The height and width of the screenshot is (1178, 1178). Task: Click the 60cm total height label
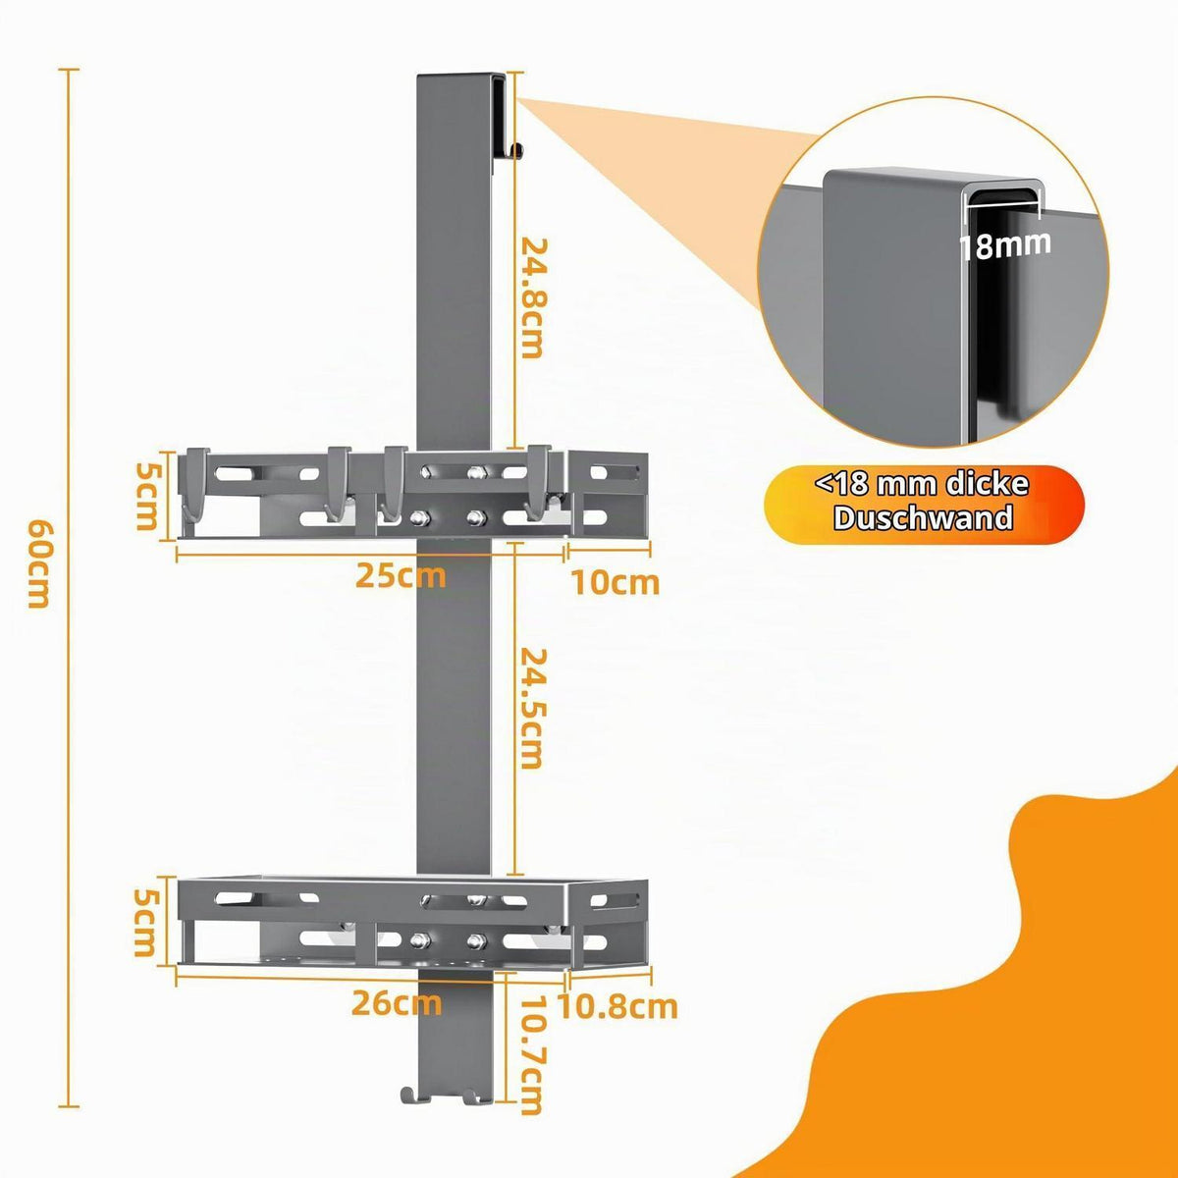coord(38,564)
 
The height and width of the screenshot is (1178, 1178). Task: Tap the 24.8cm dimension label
coord(531,298)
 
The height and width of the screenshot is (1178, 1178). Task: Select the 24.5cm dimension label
coord(531,709)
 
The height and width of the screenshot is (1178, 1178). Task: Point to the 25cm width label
coord(402,576)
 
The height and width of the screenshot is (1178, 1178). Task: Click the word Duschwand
coord(923,517)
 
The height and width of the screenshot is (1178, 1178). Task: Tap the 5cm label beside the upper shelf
coord(147,496)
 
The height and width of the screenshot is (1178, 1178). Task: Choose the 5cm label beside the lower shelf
coord(147,923)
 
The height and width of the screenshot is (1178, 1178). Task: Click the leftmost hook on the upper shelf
coord(195,484)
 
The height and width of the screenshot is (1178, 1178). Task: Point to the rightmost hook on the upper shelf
coord(540,483)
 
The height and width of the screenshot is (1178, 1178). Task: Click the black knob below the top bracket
coord(517,150)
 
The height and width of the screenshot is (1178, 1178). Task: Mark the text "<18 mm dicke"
coord(923,485)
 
